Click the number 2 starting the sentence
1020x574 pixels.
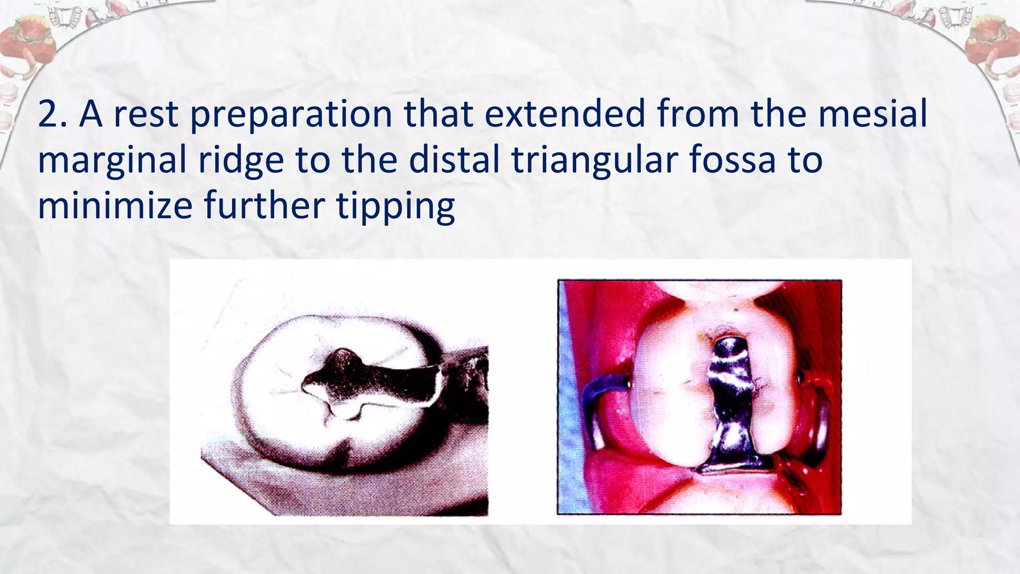pos(49,115)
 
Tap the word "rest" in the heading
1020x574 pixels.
pos(146,115)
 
